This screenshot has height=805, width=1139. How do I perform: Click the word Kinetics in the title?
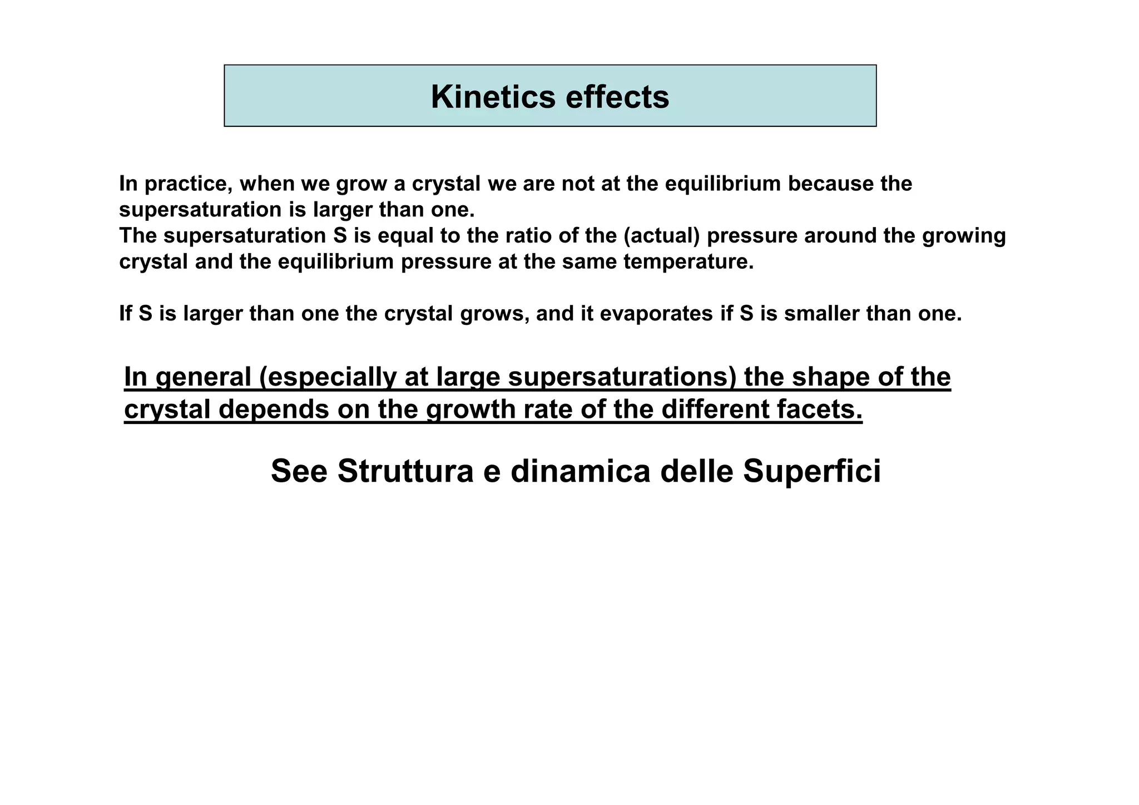[493, 97]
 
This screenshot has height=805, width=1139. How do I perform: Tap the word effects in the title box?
[617, 97]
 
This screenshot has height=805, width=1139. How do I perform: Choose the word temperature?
[688, 261]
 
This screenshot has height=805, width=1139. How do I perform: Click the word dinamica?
[580, 471]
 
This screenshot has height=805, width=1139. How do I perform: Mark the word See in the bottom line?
[299, 471]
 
